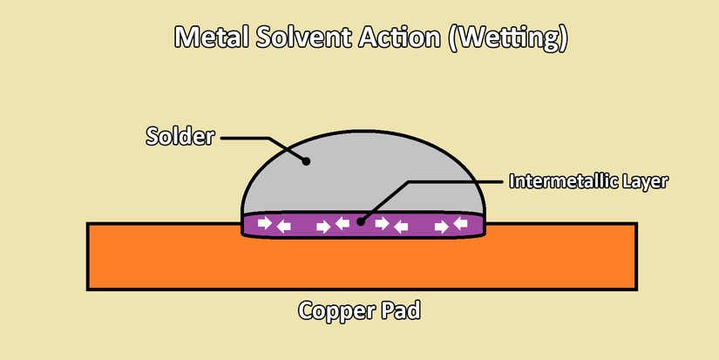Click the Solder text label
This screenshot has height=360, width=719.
tap(180, 137)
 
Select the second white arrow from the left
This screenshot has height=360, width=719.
tap(284, 227)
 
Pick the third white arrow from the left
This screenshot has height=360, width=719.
tap(323, 227)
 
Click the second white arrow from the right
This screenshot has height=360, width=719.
tap(441, 227)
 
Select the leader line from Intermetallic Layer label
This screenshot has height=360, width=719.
tap(453, 182)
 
